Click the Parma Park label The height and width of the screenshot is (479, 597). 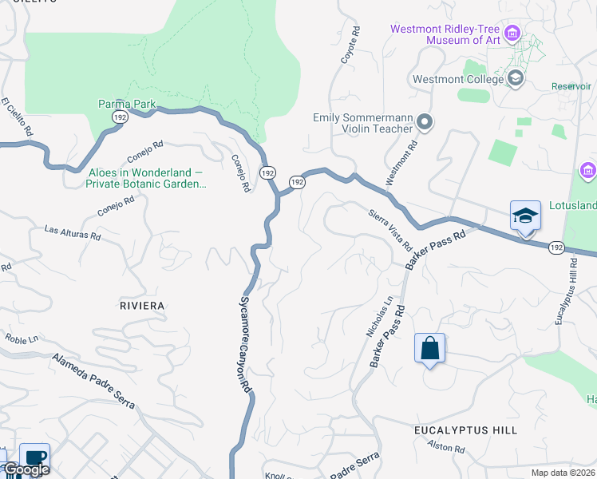point(127,104)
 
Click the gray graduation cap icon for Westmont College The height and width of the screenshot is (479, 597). point(516,78)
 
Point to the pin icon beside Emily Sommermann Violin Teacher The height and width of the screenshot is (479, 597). point(425,123)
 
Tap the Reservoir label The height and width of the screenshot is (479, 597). point(571,86)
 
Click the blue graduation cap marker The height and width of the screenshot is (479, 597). point(525,216)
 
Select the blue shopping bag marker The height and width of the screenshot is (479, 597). point(429,348)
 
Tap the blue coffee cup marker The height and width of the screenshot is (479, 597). point(34,458)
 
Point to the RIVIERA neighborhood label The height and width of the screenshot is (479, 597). point(141,306)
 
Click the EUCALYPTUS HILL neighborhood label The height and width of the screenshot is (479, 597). point(465,430)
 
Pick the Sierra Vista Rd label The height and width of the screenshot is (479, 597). point(389,228)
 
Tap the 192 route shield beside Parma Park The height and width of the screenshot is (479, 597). point(120,117)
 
